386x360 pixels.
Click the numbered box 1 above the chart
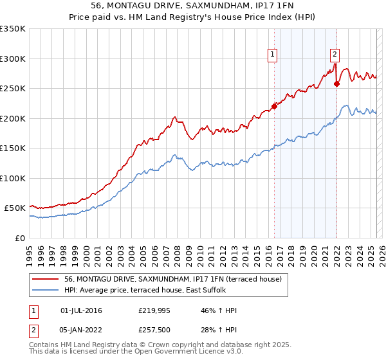273,55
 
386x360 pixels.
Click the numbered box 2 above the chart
335,55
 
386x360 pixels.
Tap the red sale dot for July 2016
274,106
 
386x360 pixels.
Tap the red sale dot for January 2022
336,84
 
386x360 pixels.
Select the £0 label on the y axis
19,238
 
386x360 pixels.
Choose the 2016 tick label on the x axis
268,253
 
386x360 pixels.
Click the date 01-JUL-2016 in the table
81,310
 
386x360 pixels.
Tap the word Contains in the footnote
44,346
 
